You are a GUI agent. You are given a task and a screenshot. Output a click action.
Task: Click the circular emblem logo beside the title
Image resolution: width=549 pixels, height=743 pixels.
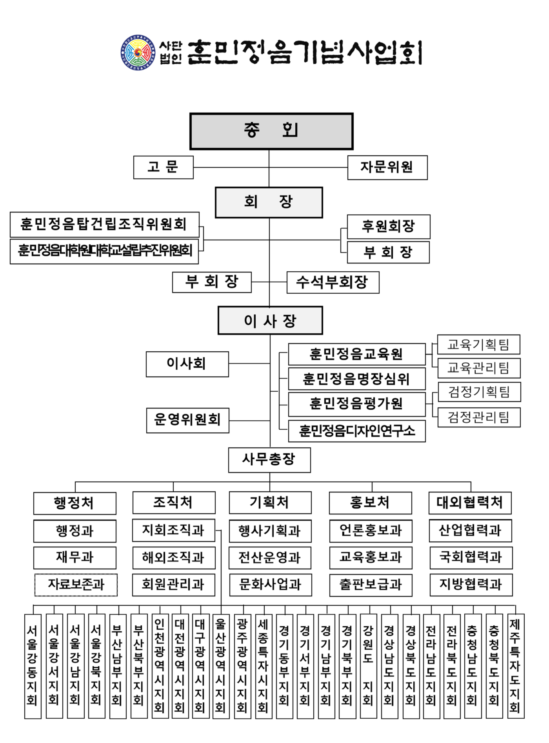pyautogui.click(x=138, y=52)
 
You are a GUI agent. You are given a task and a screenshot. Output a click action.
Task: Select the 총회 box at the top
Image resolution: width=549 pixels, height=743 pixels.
pyautogui.click(x=271, y=131)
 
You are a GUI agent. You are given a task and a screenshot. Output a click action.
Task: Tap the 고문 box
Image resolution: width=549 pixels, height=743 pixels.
pyautogui.click(x=163, y=167)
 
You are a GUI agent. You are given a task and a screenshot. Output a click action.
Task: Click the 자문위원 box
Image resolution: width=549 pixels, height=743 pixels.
pyautogui.click(x=387, y=167)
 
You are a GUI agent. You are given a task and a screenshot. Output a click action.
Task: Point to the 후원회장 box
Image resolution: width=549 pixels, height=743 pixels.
pyautogui.click(x=388, y=226)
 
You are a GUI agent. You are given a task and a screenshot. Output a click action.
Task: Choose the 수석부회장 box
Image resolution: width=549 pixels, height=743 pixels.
pyautogui.click(x=333, y=282)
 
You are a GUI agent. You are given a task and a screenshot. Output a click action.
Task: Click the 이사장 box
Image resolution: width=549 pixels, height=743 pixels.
pyautogui.click(x=270, y=320)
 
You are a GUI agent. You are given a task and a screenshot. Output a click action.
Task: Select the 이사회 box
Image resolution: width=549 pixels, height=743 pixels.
pyautogui.click(x=187, y=364)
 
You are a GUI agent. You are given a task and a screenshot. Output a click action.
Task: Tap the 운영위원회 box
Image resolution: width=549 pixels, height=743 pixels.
pyautogui.click(x=187, y=420)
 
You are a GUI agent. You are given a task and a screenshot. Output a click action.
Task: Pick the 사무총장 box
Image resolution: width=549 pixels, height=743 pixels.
pyautogui.click(x=269, y=460)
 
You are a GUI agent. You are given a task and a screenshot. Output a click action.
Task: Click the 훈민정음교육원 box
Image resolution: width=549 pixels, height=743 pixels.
pyautogui.click(x=356, y=354)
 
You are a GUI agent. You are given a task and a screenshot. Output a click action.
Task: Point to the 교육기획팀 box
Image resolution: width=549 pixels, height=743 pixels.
pyautogui.click(x=478, y=344)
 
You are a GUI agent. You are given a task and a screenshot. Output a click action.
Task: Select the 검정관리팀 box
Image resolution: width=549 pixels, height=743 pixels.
pyautogui.click(x=479, y=417)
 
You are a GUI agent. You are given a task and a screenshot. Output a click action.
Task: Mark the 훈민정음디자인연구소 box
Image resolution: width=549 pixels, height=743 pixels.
pyautogui.click(x=356, y=431)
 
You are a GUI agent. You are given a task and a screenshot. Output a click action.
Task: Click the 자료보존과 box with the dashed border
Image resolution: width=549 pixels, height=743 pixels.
pyautogui.click(x=76, y=585)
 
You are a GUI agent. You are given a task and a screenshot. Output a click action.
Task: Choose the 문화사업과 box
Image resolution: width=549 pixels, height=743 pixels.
pyautogui.click(x=270, y=585)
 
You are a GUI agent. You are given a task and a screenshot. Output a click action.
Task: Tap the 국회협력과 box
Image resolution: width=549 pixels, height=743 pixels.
pyautogui.click(x=471, y=558)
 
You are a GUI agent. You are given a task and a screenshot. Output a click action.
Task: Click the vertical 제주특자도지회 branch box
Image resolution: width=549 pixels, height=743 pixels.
pyautogui.click(x=515, y=666)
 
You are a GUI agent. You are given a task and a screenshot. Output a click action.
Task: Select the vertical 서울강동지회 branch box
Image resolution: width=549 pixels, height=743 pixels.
pyautogui.click(x=33, y=666)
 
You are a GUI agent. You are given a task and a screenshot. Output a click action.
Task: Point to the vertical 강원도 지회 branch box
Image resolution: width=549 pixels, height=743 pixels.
pyautogui.click(x=368, y=666)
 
